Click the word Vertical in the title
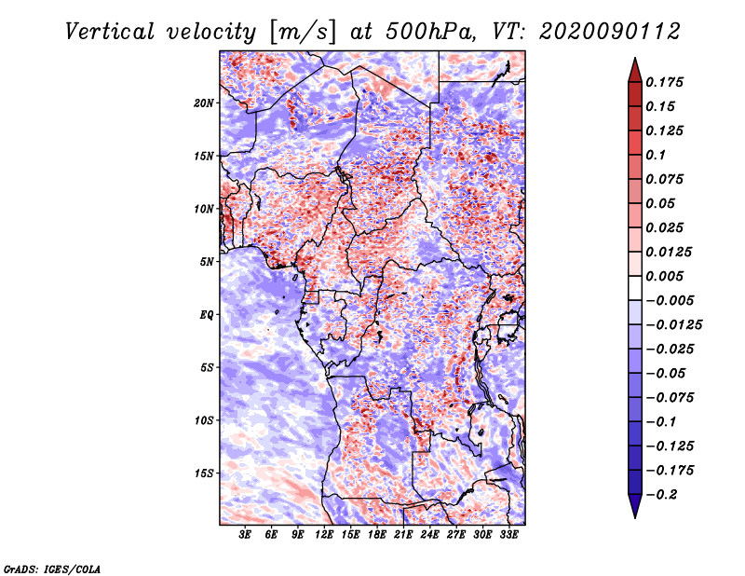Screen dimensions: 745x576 coord(110,32)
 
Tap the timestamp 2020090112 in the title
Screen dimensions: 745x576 coord(610,32)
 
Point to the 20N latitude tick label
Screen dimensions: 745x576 coord(204,103)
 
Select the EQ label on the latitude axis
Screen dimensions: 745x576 coord(207,315)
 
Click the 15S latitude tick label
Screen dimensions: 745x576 coord(204,473)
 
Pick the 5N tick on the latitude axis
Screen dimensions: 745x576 coord(207,262)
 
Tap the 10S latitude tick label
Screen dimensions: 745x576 coord(204,421)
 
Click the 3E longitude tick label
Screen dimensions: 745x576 coord(245,535)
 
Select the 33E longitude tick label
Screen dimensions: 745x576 coord(508,535)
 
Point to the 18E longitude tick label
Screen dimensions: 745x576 coord(377,535)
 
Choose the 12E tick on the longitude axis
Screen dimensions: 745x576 coord(324,535)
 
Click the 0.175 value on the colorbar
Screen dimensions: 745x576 coord(664,83)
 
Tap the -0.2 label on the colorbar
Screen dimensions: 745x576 coord(661,495)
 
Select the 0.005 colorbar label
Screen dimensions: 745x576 coord(664,277)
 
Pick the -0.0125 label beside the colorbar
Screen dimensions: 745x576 coord(673,325)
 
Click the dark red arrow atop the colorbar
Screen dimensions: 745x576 coord(635,71)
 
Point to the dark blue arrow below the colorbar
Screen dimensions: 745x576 coord(635,505)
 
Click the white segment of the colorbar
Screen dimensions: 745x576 coord(635,288)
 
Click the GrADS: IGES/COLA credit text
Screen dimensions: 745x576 coord(52,569)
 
